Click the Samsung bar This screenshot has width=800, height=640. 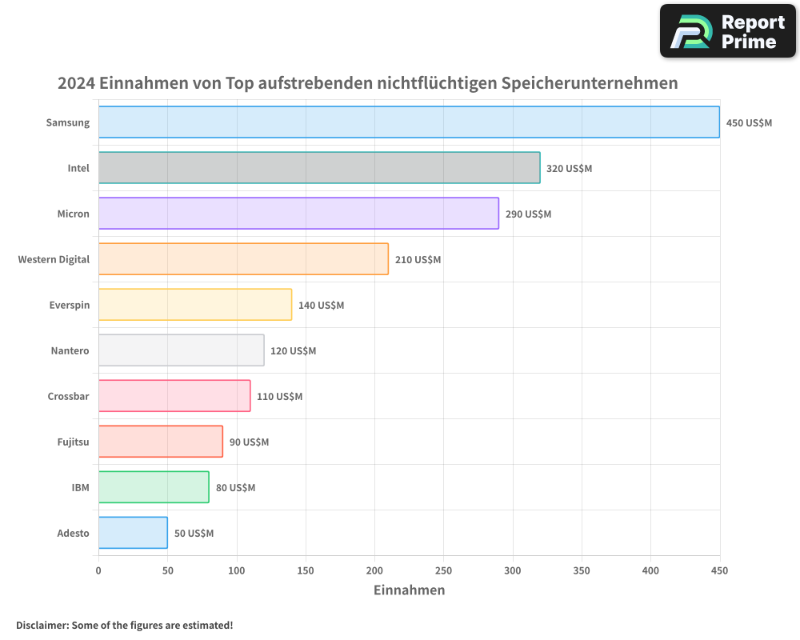coord(409,122)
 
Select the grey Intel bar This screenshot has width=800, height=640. coord(319,168)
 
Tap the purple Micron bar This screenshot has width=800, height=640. coord(298,214)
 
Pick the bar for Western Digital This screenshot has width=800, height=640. coord(243,259)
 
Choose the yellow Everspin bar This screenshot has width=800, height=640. coord(195,305)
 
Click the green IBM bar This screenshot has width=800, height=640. coord(154,487)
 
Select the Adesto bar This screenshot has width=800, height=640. coord(133,533)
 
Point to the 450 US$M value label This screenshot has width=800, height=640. coord(749,123)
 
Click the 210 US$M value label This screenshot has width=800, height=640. coord(418,260)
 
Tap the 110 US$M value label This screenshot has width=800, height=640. coord(279,397)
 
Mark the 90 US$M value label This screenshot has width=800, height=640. coord(249,442)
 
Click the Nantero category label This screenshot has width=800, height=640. coord(70,350)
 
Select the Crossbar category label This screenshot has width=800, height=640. coord(69,396)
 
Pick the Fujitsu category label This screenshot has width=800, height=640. coord(74,442)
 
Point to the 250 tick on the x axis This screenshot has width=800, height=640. coord(444,570)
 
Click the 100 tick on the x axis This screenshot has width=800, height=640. coord(237,570)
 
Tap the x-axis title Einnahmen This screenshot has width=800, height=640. coord(409,590)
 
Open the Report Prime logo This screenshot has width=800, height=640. coord(728,30)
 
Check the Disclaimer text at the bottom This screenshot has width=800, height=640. coord(124,625)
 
